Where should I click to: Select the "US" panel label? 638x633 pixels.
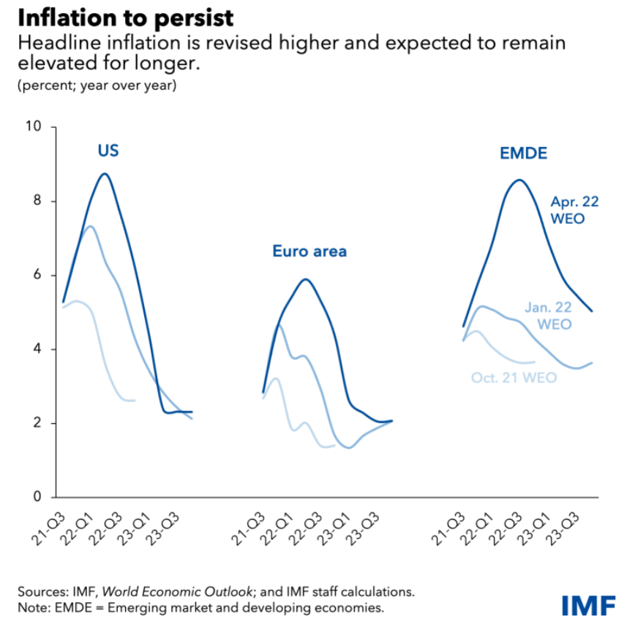pyautogui.click(x=108, y=151)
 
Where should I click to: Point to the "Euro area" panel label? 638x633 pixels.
pyautogui.click(x=309, y=252)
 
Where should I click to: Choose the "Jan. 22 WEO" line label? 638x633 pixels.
pyautogui.click(x=549, y=315)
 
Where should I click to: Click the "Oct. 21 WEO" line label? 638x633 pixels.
pyautogui.click(x=514, y=378)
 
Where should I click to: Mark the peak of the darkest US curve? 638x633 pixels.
pyautogui.click(x=105, y=174)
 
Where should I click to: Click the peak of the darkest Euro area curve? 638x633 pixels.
pyautogui.click(x=305, y=279)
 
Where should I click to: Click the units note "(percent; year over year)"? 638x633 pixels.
pyautogui.click(x=97, y=86)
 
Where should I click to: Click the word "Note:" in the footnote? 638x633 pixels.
pyautogui.click(x=34, y=607)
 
